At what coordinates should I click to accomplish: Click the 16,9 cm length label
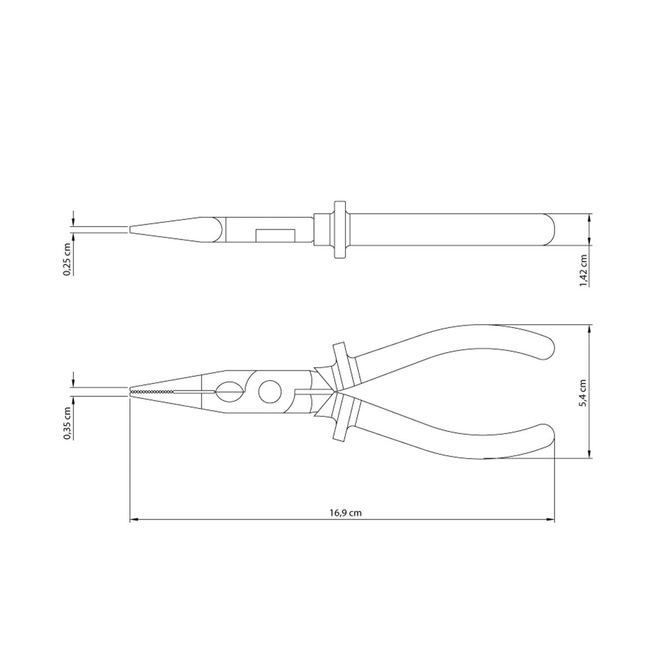click(x=345, y=513)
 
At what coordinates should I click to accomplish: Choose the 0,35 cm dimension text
click(x=67, y=423)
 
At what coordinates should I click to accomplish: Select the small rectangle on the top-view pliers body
click(x=275, y=235)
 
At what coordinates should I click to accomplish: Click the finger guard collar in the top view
click(x=338, y=229)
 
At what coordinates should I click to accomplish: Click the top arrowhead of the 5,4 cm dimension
click(x=589, y=327)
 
